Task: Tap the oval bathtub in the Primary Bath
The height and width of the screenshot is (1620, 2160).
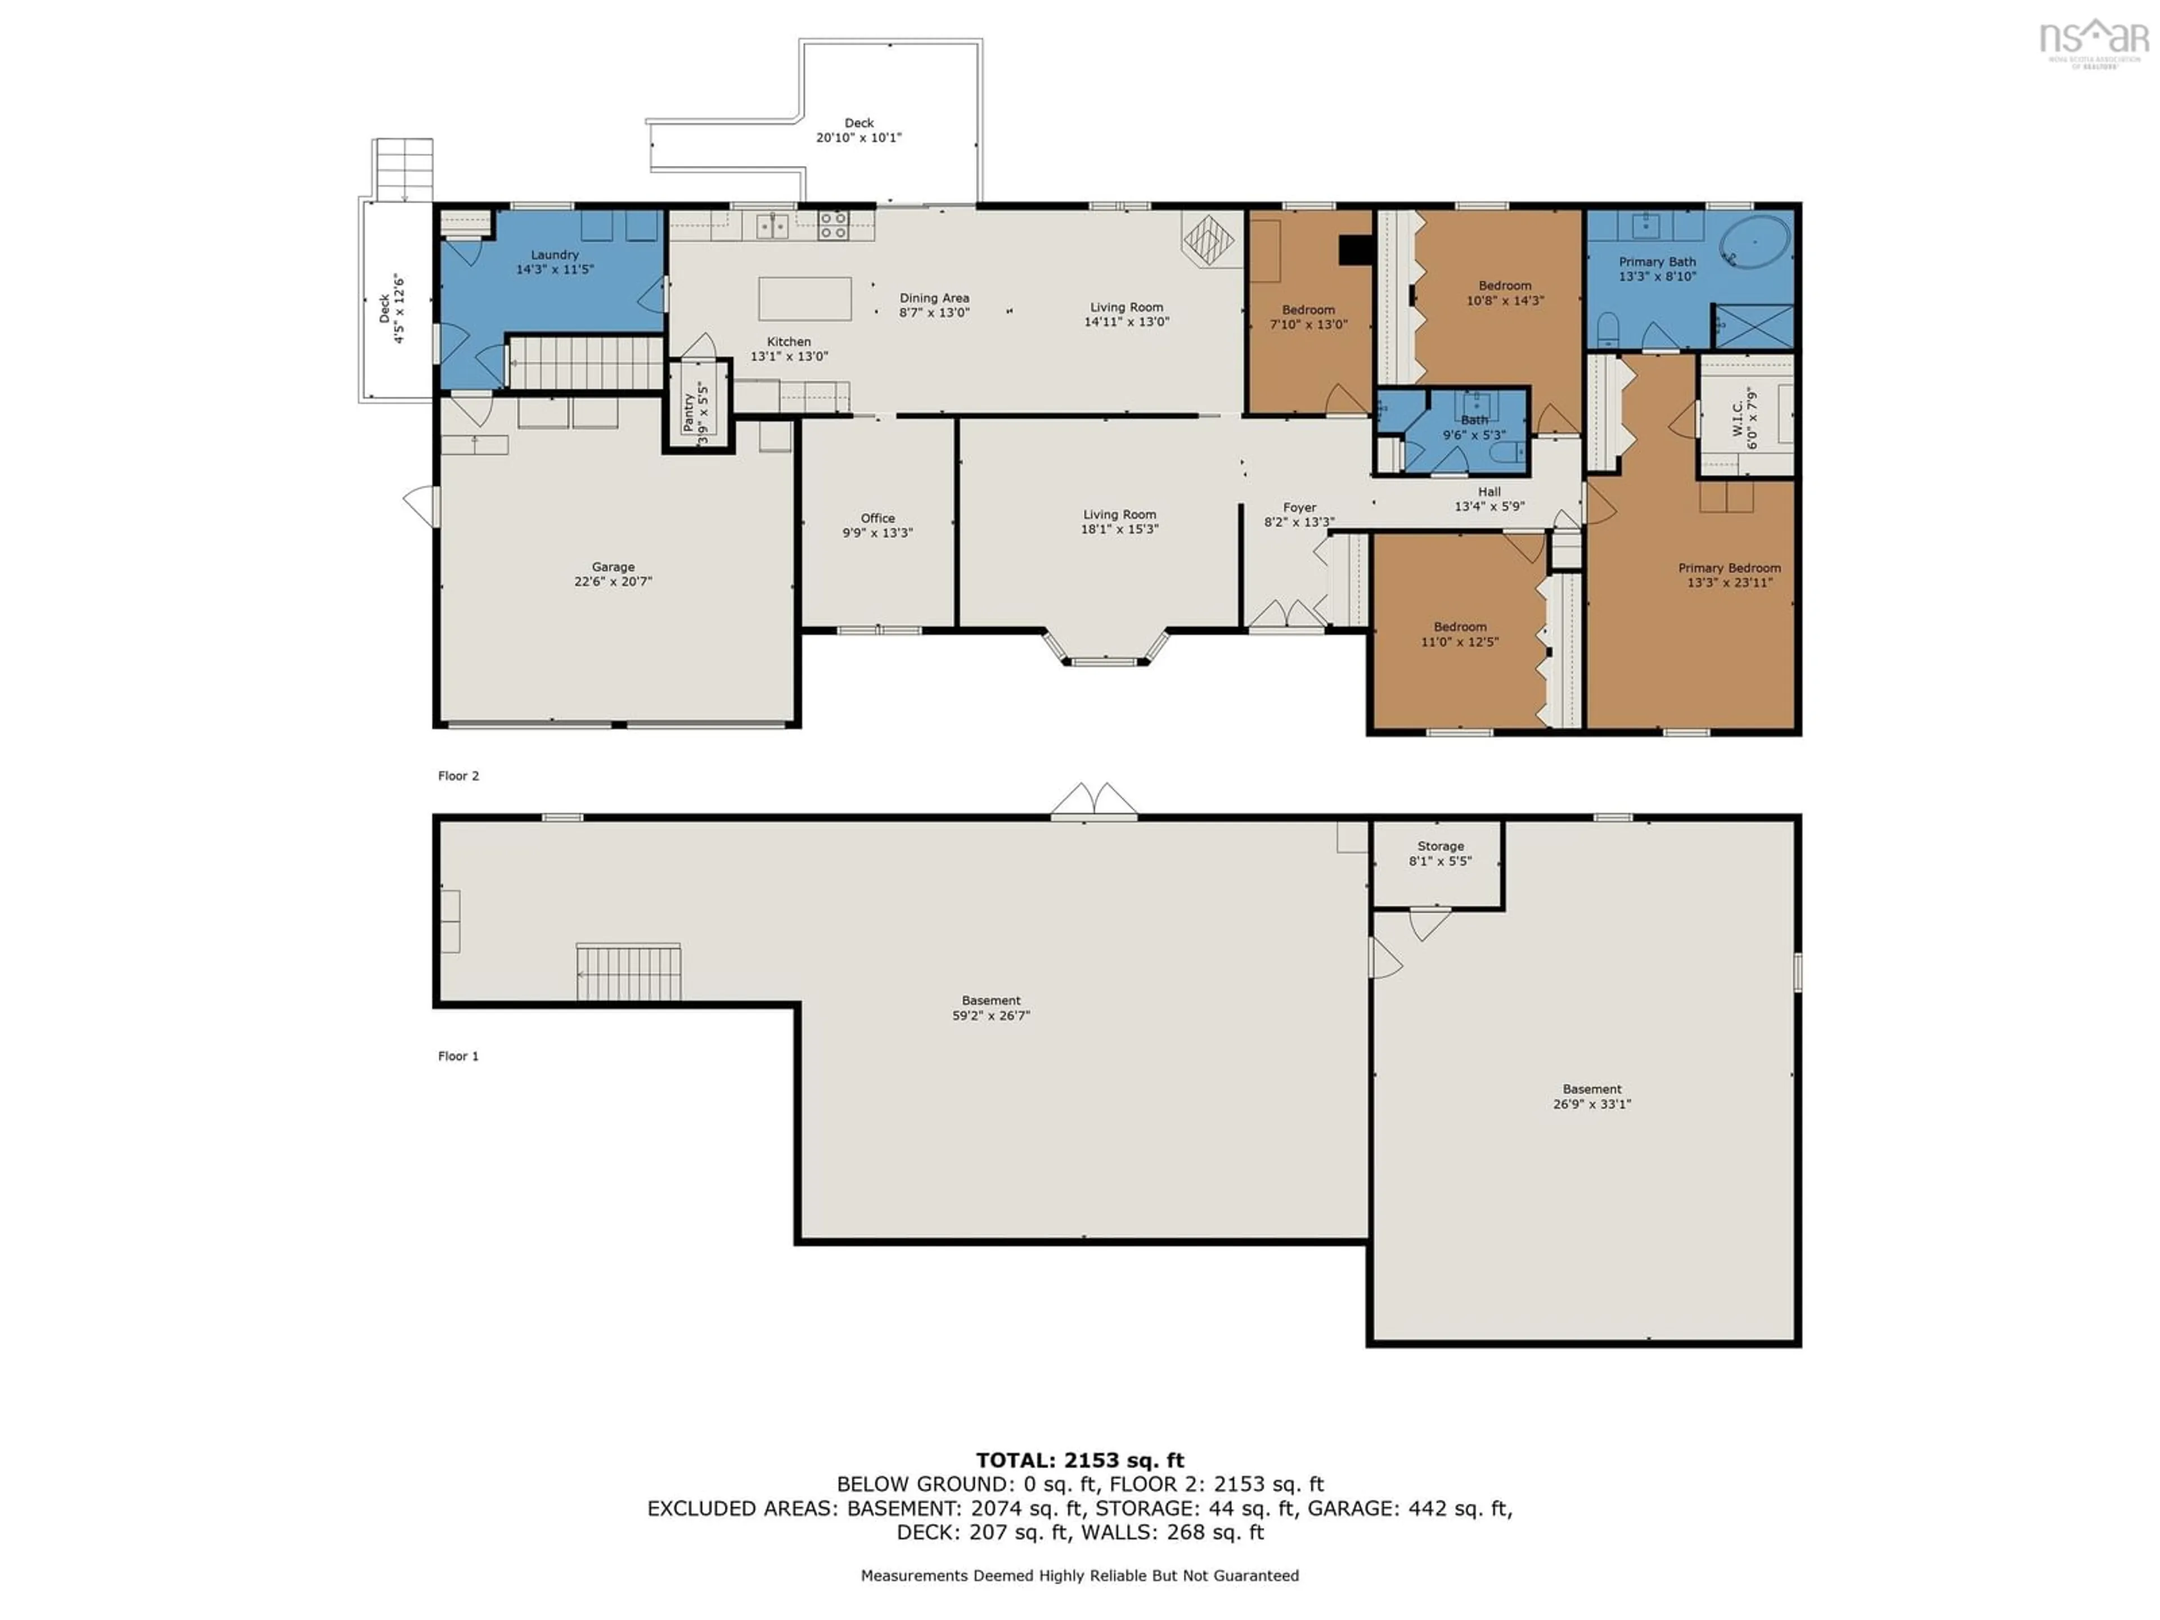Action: [1755, 242]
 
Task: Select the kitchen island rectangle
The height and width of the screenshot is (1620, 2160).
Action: [804, 299]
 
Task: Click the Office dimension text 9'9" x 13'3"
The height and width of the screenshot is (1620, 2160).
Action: [877, 533]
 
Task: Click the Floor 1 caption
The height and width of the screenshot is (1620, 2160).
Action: [458, 1056]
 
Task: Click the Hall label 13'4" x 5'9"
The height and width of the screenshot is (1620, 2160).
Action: [1489, 499]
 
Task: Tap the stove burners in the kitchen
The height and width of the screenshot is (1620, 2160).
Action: [833, 226]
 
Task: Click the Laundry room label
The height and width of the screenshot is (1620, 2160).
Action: [555, 255]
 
